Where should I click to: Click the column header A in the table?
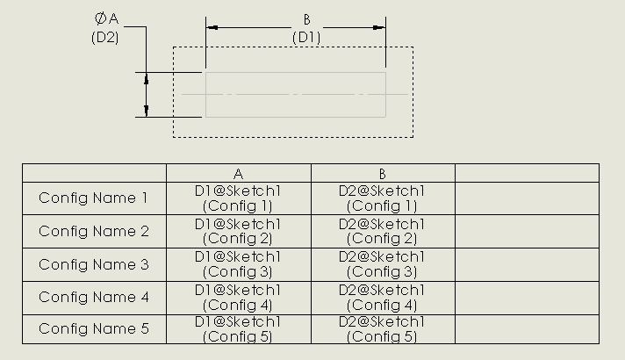[x=238, y=174]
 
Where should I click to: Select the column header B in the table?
[x=382, y=174]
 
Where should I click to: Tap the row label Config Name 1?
[x=94, y=198]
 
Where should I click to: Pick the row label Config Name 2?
[x=94, y=232]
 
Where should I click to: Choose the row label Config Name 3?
[x=94, y=264]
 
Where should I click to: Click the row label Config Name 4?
[x=94, y=297]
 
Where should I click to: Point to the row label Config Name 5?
[x=94, y=328]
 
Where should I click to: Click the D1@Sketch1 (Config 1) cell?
[x=238, y=198]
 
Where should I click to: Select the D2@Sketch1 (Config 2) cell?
[x=382, y=232]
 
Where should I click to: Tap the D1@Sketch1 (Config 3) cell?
[x=238, y=264]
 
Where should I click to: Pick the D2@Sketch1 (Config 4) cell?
[x=382, y=297]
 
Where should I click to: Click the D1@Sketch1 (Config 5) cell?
[x=238, y=328]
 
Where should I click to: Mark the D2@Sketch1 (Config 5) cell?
[x=382, y=328]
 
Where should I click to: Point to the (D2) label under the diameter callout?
[x=104, y=38]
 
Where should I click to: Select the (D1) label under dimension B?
[x=306, y=37]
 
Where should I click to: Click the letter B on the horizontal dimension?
[x=306, y=19]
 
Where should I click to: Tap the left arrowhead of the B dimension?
[x=212, y=27]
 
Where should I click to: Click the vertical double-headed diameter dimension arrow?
[x=147, y=94]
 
